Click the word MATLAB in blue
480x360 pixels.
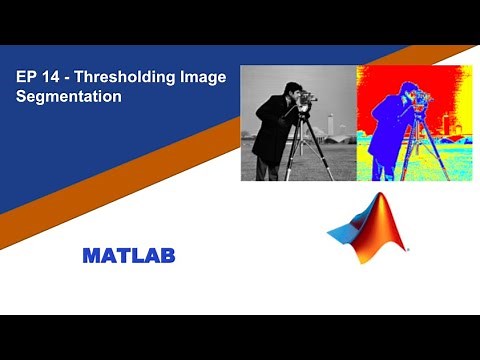[128, 256]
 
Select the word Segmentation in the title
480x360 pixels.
[69, 98]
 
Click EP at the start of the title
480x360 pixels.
[28, 78]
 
